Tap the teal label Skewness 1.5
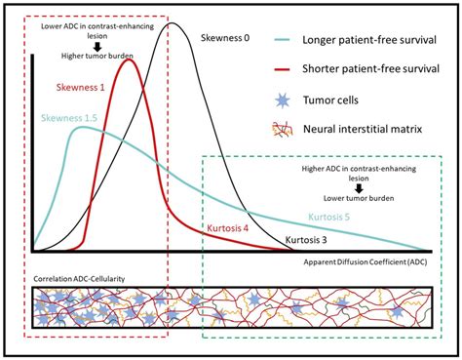pos(69,118)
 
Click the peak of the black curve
pos(175,23)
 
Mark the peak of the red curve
pos(131,60)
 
